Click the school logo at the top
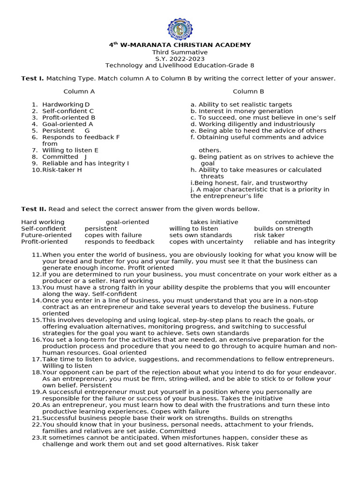[x=180, y=29]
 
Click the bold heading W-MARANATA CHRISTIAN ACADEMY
[x=185, y=45]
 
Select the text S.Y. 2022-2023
[x=180, y=59]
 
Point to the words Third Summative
[x=180, y=52]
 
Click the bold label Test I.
[x=32, y=78]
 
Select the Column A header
[x=79, y=91]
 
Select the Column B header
[x=248, y=91]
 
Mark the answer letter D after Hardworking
[x=87, y=105]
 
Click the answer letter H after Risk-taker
[x=79, y=170]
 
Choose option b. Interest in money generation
[x=241, y=111]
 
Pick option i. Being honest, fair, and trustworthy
[x=249, y=183]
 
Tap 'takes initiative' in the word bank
[x=214, y=222]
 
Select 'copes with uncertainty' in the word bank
[x=206, y=242]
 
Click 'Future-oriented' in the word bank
[x=46, y=235]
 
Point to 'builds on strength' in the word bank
[x=283, y=229]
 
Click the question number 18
[x=37, y=372]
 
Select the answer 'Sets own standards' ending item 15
[x=220, y=333]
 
